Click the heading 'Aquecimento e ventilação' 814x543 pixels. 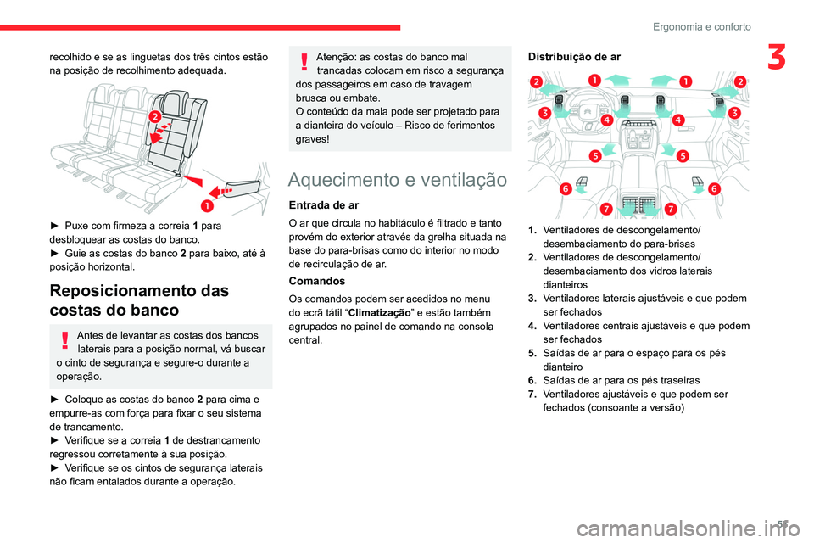(x=397, y=179)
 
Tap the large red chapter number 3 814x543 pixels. (x=777, y=57)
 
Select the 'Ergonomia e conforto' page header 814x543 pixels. (x=702, y=26)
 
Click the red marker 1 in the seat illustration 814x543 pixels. (x=207, y=206)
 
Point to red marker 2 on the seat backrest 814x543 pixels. (x=154, y=116)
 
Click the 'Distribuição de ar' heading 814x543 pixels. (x=574, y=57)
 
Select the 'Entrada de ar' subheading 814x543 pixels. (x=324, y=205)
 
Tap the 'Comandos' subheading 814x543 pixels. (x=316, y=281)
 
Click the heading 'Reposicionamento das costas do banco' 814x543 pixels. (x=139, y=299)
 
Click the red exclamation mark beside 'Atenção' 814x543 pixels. (x=304, y=62)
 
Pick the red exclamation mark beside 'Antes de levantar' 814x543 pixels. (x=65, y=340)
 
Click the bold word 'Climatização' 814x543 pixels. (x=380, y=313)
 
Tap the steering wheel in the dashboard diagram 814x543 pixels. (x=587, y=113)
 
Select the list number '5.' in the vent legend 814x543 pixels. (x=532, y=353)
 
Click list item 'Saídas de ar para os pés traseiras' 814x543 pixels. (x=622, y=380)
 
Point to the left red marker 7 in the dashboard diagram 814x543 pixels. (x=605, y=209)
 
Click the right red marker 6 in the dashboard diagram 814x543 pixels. (x=714, y=188)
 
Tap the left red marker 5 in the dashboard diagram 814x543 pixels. (x=595, y=156)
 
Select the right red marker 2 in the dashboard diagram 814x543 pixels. (x=740, y=81)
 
